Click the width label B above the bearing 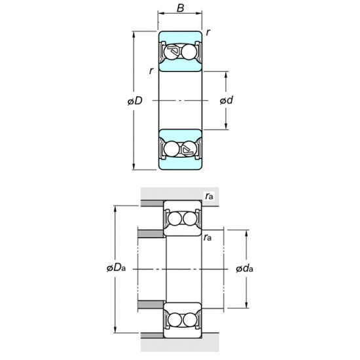(x=180, y=10)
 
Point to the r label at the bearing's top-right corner (x=208, y=32)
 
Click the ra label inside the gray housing (x=209, y=195)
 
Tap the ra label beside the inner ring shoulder (x=208, y=236)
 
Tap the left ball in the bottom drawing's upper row (x=173, y=219)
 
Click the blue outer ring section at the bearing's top (x=180, y=37)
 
